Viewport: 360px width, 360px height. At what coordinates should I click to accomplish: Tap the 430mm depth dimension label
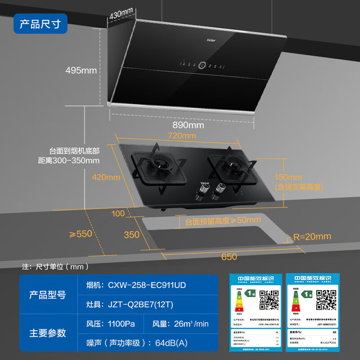click(121, 13)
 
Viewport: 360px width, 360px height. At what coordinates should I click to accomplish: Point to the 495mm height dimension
click(81, 70)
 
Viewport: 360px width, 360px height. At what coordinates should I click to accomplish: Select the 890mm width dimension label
click(189, 125)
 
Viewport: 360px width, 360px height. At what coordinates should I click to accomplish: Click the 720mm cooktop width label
click(181, 135)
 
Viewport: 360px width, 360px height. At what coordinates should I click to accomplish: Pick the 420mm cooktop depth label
click(106, 177)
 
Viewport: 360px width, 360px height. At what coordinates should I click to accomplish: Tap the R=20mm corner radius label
click(312, 236)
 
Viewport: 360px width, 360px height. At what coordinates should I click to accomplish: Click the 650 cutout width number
click(229, 256)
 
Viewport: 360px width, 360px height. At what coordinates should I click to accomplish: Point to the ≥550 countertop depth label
click(81, 234)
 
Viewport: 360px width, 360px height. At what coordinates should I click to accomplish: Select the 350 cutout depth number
click(131, 234)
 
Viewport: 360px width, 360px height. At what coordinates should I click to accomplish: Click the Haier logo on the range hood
click(211, 40)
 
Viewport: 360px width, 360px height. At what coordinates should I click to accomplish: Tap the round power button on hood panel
click(202, 65)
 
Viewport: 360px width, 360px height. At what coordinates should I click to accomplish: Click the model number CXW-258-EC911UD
click(147, 285)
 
